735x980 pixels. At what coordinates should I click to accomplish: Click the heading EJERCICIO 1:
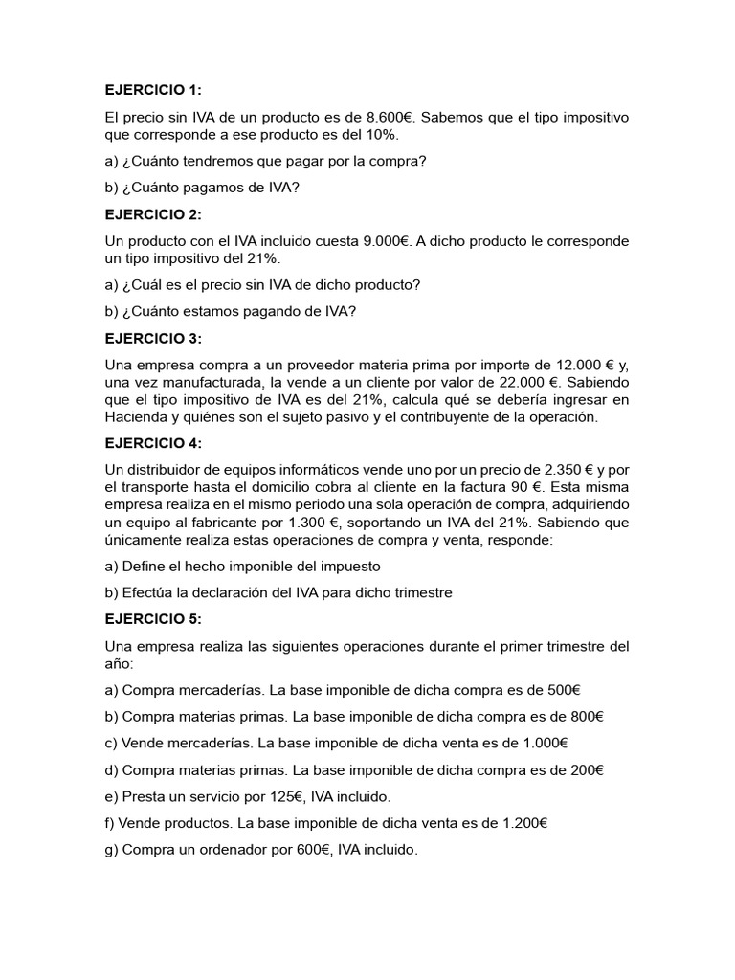click(x=153, y=90)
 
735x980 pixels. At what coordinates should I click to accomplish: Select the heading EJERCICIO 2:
click(x=153, y=213)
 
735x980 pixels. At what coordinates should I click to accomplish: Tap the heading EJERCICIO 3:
click(x=153, y=338)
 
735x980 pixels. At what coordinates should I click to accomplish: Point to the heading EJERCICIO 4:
click(x=153, y=443)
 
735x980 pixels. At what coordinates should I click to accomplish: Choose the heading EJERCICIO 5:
click(x=153, y=619)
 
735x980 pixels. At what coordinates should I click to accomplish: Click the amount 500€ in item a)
click(x=564, y=689)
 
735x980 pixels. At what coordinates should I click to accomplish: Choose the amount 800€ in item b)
click(x=586, y=716)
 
